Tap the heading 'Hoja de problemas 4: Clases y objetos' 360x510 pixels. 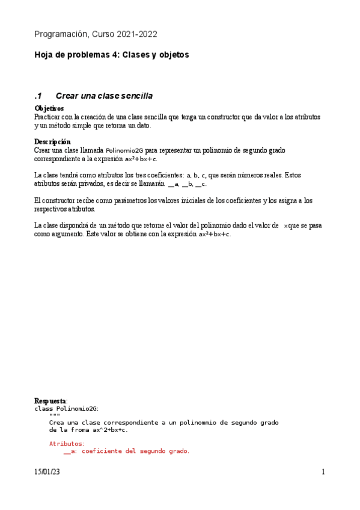click(x=111, y=55)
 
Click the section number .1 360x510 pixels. click(x=39, y=96)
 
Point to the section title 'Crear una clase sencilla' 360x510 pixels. click(x=104, y=96)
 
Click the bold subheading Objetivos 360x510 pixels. click(x=49, y=108)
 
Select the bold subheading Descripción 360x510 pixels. click(x=52, y=141)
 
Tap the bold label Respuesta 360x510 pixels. click(x=50, y=401)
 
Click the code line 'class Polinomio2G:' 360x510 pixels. click(x=66, y=408)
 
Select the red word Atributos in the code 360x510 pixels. click(x=66, y=443)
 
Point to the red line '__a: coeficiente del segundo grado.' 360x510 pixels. click(x=126, y=451)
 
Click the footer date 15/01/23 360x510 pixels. click(x=47, y=472)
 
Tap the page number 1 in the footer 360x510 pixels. click(x=323, y=472)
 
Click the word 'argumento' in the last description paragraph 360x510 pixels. click(x=67, y=234)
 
